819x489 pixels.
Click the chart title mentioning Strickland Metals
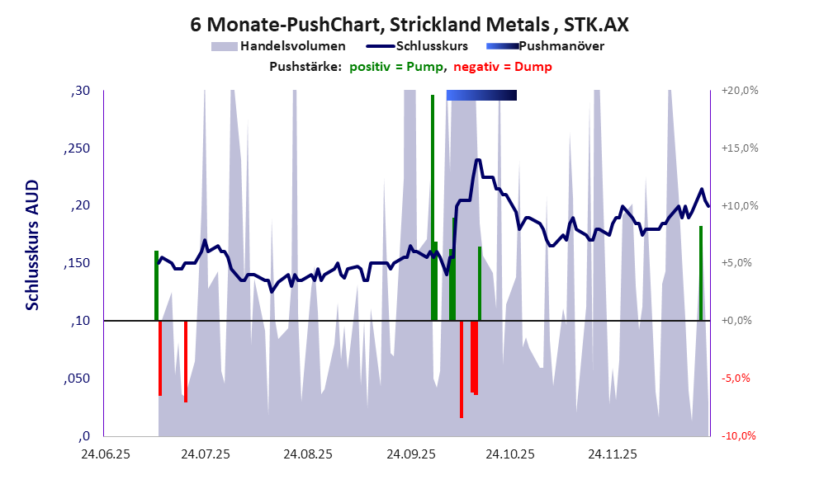[409, 24]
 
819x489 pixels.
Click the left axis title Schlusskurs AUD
[33, 247]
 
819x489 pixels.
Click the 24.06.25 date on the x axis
[105, 454]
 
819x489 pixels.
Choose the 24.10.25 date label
[510, 454]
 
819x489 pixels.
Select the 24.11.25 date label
[612, 454]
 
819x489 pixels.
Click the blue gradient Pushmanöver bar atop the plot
[481, 96]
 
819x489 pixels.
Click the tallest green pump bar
[432, 206]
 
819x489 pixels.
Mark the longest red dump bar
[462, 369]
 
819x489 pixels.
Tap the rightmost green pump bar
[700, 272]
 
